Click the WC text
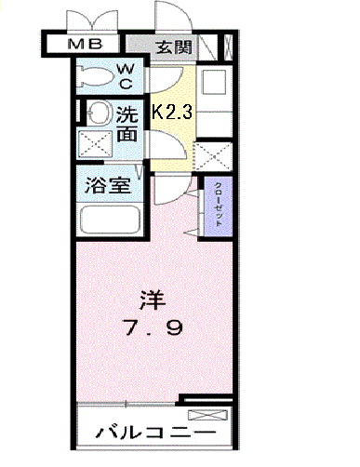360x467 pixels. coord(127,74)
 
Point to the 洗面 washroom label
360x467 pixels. coord(128,125)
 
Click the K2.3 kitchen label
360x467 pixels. coord(171,113)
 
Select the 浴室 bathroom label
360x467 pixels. coord(108,184)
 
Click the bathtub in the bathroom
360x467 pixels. coord(109,221)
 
